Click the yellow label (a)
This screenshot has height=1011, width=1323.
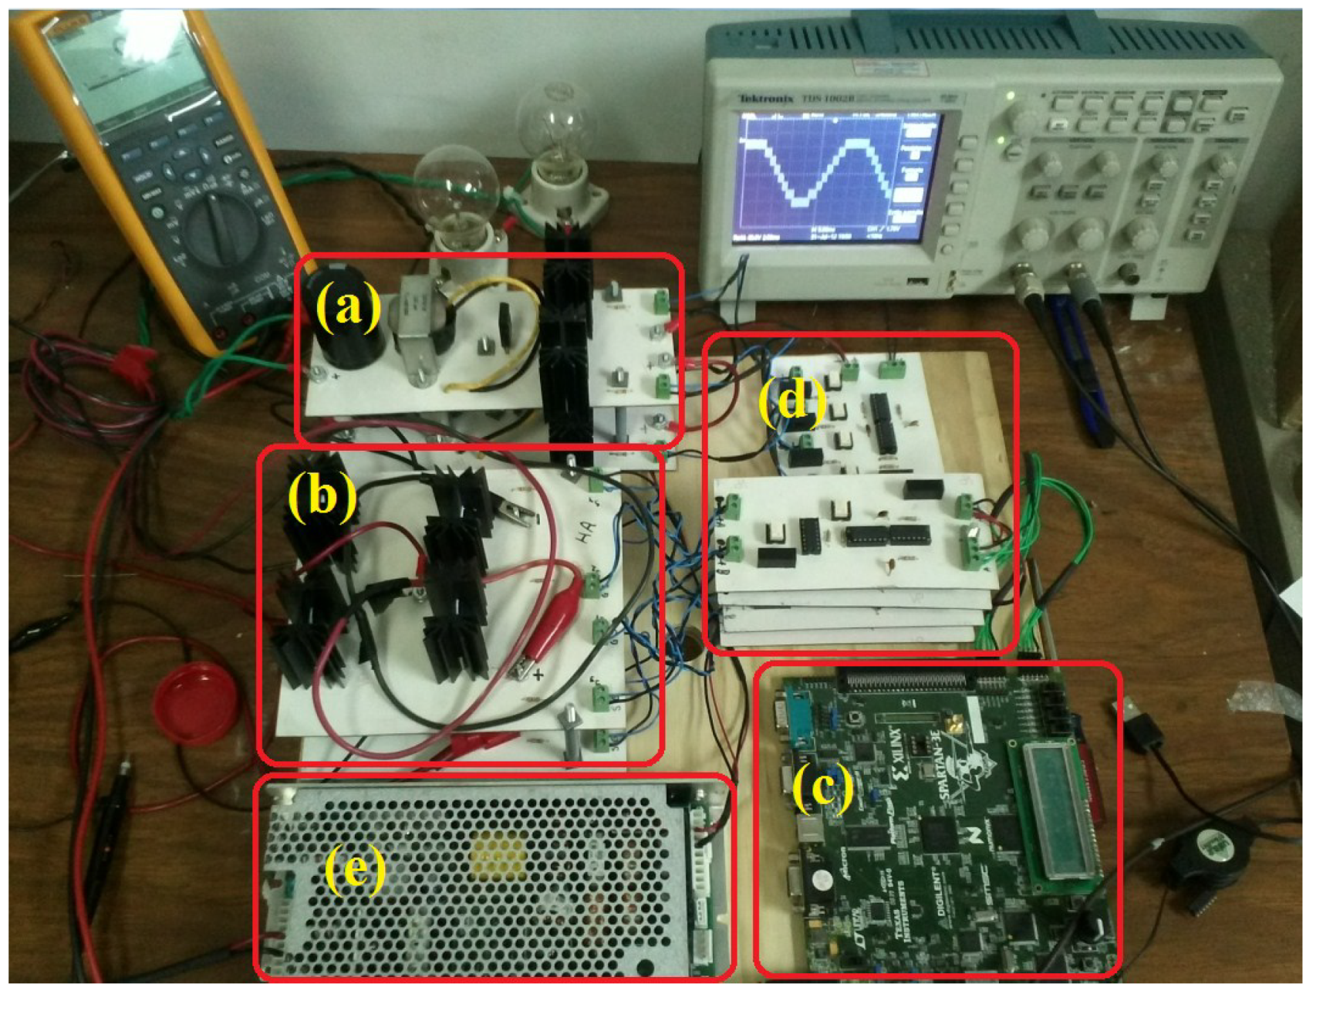tap(349, 306)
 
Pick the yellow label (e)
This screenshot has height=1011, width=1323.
tap(355, 870)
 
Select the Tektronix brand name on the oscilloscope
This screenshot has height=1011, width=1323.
tap(765, 99)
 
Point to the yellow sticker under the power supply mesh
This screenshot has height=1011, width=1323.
tap(498, 852)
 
